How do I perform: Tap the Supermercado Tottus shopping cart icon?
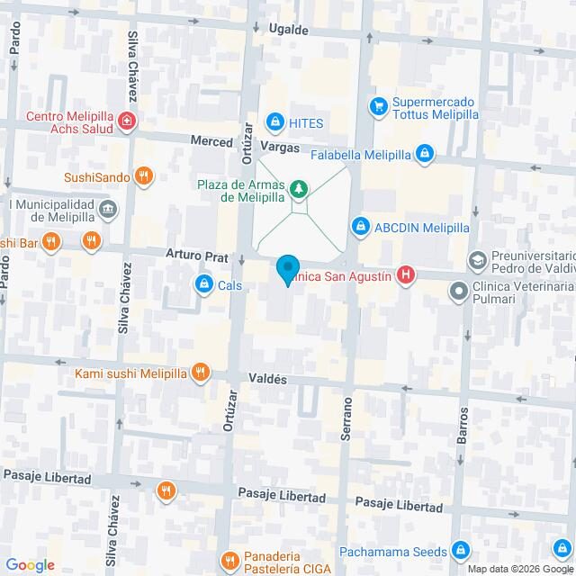pyautogui.click(x=379, y=106)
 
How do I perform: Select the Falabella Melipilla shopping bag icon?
pyautogui.click(x=424, y=155)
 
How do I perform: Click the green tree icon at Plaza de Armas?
pyautogui.click(x=298, y=190)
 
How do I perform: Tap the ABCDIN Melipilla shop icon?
pyautogui.click(x=361, y=225)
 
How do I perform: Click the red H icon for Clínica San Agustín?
pyautogui.click(x=407, y=276)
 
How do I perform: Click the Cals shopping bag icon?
pyautogui.click(x=204, y=285)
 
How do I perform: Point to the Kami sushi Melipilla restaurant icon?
pyautogui.click(x=201, y=372)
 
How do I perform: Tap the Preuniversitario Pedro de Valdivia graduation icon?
pyautogui.click(x=477, y=260)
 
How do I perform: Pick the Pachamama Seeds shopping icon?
pyautogui.click(x=460, y=549)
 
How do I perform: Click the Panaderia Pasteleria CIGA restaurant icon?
pyautogui.click(x=230, y=560)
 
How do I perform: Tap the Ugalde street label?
pyautogui.click(x=289, y=31)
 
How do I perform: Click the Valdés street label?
pyautogui.click(x=269, y=380)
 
